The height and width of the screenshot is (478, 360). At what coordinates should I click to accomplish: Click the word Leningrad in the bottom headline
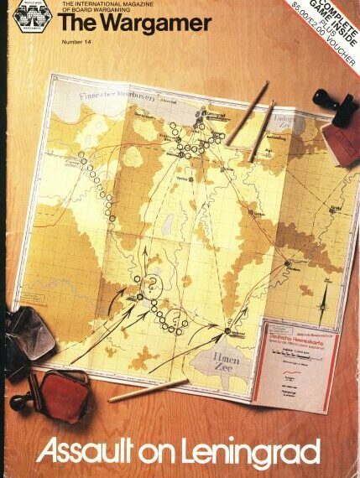click(x=251, y=454)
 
